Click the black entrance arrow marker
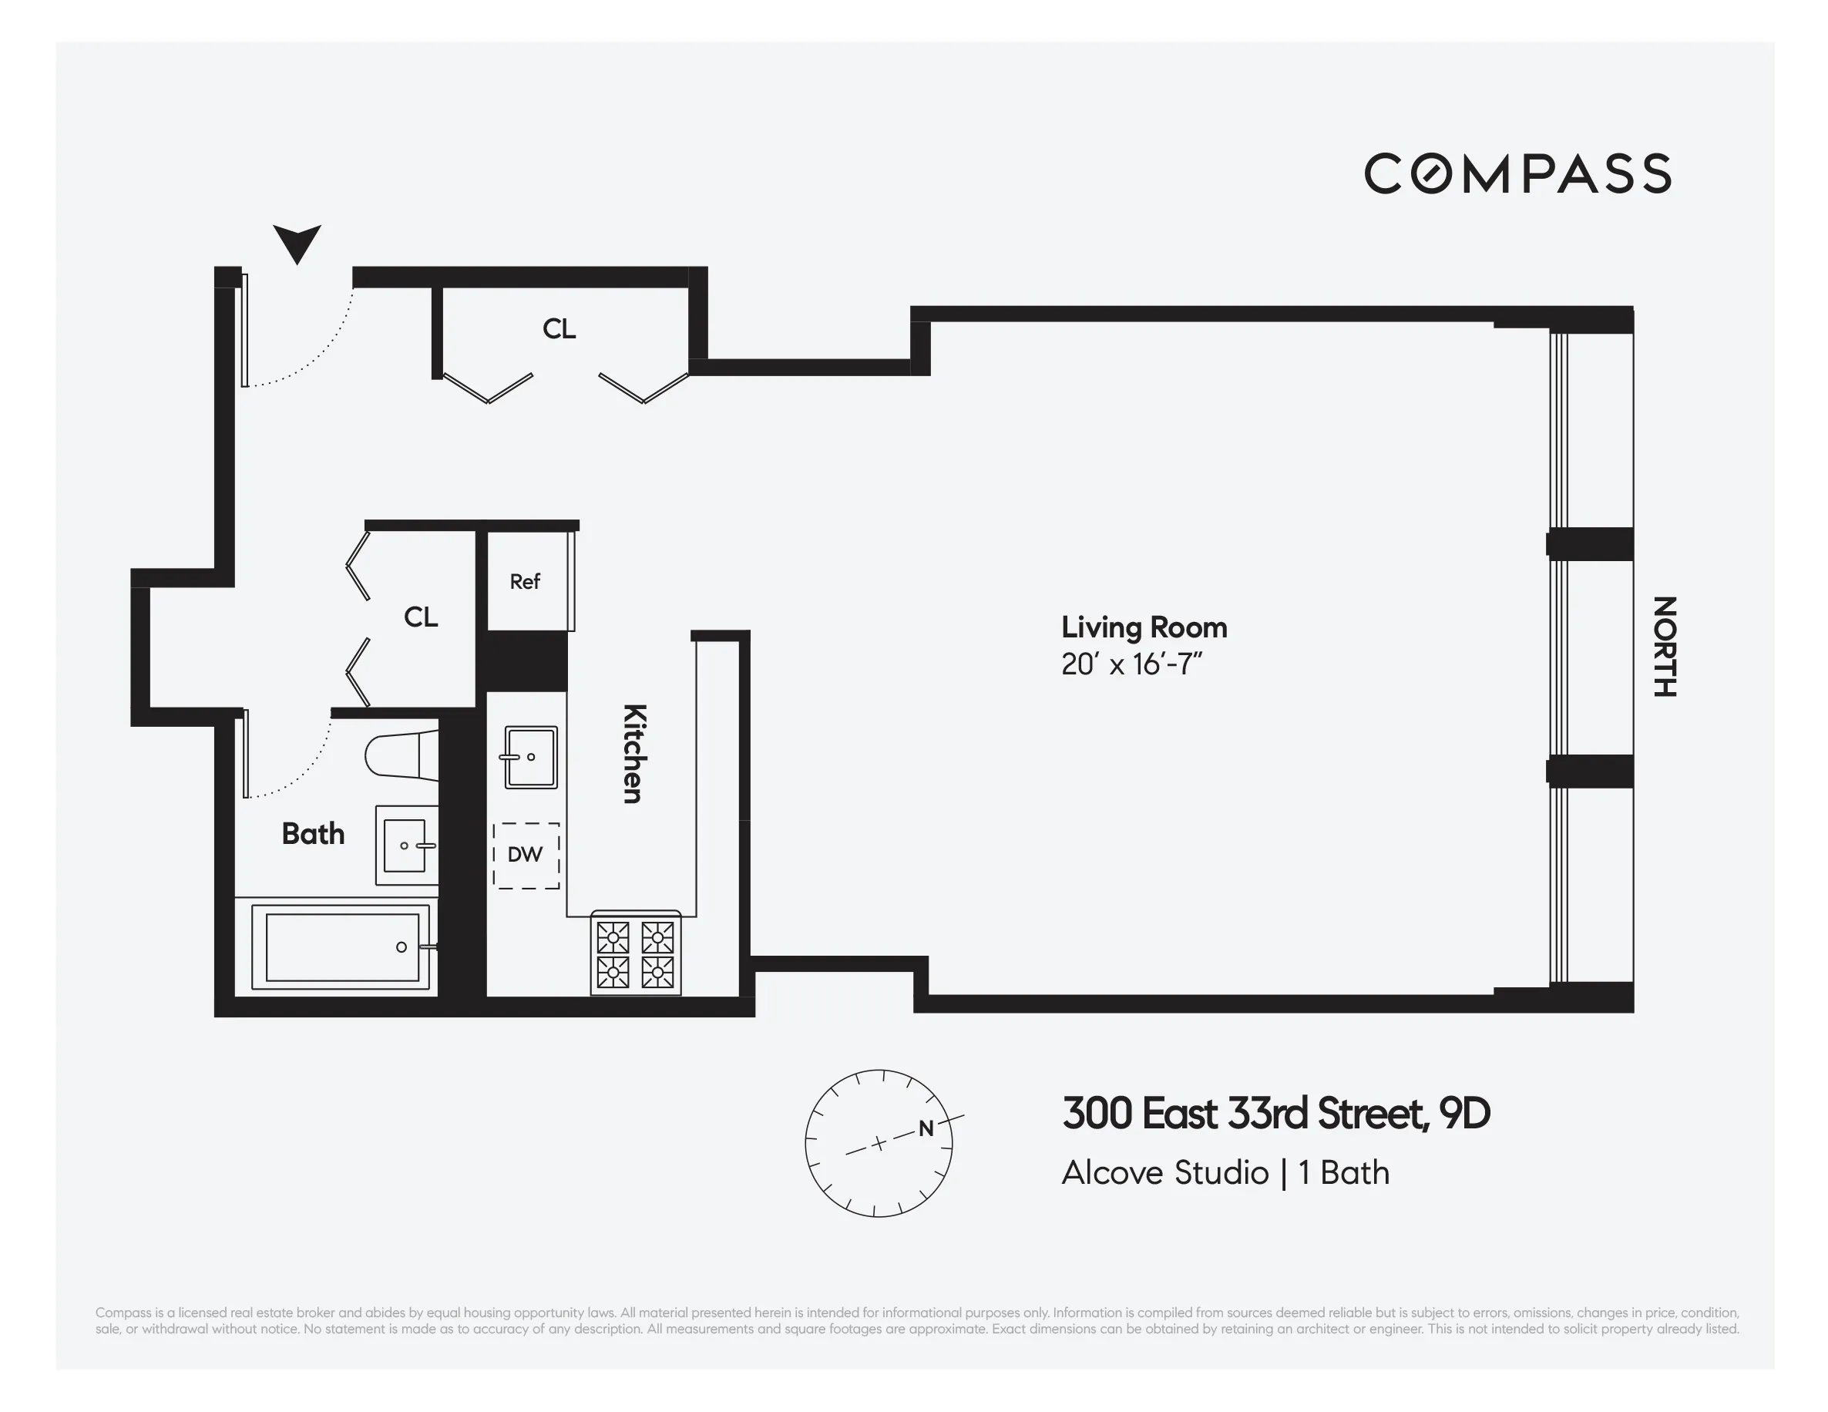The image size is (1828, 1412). click(x=297, y=242)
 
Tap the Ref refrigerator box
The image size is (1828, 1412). click(x=526, y=581)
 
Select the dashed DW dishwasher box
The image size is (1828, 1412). click(x=526, y=855)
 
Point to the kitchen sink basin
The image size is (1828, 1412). click(x=531, y=758)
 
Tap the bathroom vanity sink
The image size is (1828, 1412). click(x=405, y=846)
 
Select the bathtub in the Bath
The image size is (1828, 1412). click(x=341, y=946)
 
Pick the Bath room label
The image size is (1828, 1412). click(x=313, y=834)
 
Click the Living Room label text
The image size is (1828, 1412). click(x=1144, y=627)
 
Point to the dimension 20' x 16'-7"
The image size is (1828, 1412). click(x=1131, y=664)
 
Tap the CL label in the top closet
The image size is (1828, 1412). click(x=559, y=329)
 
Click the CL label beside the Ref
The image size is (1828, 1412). click(x=420, y=617)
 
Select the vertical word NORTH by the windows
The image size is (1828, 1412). click(x=1664, y=646)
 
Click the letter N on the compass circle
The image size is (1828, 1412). click(x=926, y=1128)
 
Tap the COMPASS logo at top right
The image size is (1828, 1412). click(x=1517, y=173)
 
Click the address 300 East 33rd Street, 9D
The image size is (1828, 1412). click(x=1275, y=1114)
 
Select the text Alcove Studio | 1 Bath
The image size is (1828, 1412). click(x=1225, y=1172)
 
